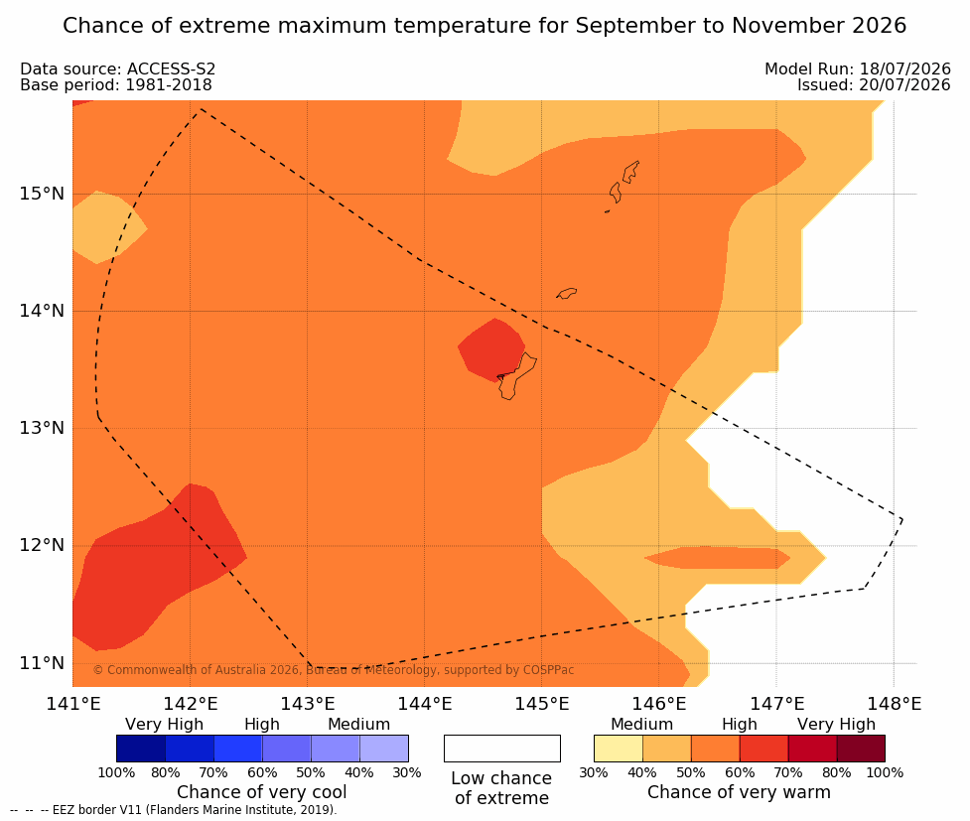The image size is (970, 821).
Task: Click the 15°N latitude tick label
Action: click(42, 194)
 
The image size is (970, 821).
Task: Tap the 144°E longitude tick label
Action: click(425, 704)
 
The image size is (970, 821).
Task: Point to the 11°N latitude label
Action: click(42, 663)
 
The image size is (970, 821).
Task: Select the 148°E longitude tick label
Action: click(894, 704)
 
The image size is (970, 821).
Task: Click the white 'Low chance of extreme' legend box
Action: click(502, 749)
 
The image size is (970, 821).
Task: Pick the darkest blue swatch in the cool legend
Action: click(141, 749)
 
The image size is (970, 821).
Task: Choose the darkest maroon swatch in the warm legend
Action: click(861, 749)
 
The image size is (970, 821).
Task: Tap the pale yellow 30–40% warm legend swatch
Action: click(618, 749)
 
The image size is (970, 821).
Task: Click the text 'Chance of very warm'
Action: click(739, 792)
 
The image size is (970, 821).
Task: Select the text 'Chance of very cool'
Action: click(262, 792)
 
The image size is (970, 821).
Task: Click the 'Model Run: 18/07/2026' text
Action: click(858, 68)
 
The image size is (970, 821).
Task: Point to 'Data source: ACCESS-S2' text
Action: click(117, 68)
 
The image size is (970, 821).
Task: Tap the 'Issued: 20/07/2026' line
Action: click(874, 84)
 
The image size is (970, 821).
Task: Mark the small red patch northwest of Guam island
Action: click(491, 349)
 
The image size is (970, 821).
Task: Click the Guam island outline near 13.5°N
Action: click(516, 376)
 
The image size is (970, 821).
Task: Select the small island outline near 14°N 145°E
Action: click(566, 293)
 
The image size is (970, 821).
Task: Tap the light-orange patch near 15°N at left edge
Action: click(109, 227)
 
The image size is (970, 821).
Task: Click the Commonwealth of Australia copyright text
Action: click(334, 670)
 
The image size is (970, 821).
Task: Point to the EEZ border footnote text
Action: click(174, 810)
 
